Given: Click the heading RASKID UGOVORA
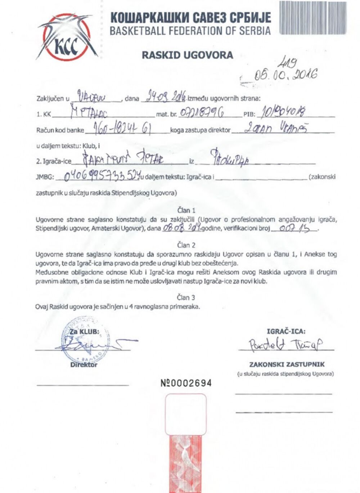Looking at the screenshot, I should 187,55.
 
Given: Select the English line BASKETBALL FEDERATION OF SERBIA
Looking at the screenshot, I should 190,31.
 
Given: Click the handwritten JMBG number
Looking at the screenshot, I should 102,176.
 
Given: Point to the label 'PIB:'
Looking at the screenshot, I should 249,115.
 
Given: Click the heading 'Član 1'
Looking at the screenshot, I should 186,210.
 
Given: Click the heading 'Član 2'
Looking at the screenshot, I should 186,245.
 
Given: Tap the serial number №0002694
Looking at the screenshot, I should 186,383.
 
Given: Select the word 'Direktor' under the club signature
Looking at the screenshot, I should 84,365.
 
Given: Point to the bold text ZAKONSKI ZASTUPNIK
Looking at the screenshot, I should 287,364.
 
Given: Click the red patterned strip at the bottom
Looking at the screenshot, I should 186,461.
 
